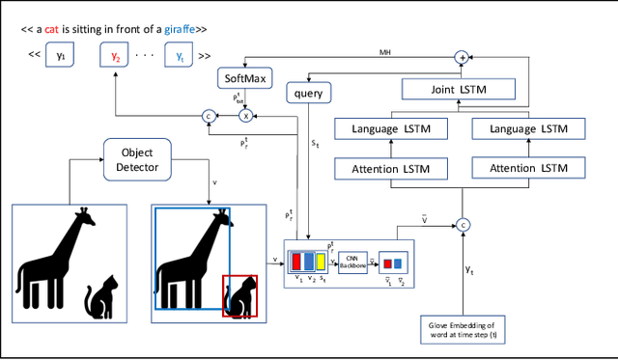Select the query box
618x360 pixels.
click(x=310, y=93)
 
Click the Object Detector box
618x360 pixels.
click(x=136, y=159)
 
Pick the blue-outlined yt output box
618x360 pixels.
click(x=178, y=56)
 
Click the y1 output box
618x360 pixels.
click(x=61, y=56)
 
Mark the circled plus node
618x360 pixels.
click(x=462, y=58)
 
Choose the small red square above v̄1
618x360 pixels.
click(x=387, y=263)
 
